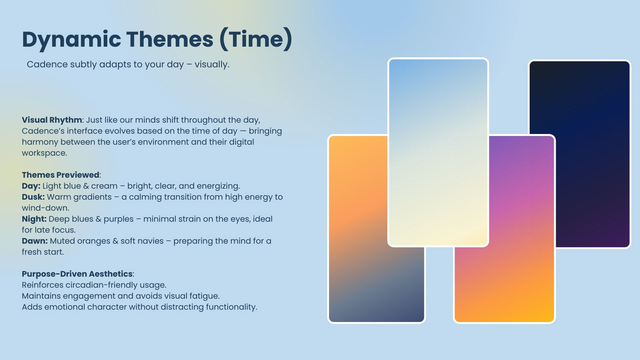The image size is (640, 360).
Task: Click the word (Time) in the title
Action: (256, 40)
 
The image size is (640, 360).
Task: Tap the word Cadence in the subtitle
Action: (47, 64)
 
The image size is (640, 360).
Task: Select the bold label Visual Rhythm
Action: (52, 120)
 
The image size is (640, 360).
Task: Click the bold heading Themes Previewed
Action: (61, 175)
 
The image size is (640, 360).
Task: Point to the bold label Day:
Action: (31, 186)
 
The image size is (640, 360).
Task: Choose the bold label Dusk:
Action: (33, 197)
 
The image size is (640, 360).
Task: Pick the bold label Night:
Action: (34, 219)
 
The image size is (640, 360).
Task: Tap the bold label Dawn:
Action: (35, 241)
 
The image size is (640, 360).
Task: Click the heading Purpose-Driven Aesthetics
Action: (77, 274)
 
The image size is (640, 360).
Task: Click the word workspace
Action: (44, 153)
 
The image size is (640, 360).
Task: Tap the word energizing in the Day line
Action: (218, 186)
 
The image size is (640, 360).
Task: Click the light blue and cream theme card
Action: (438, 152)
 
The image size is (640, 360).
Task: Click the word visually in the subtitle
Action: (212, 64)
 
